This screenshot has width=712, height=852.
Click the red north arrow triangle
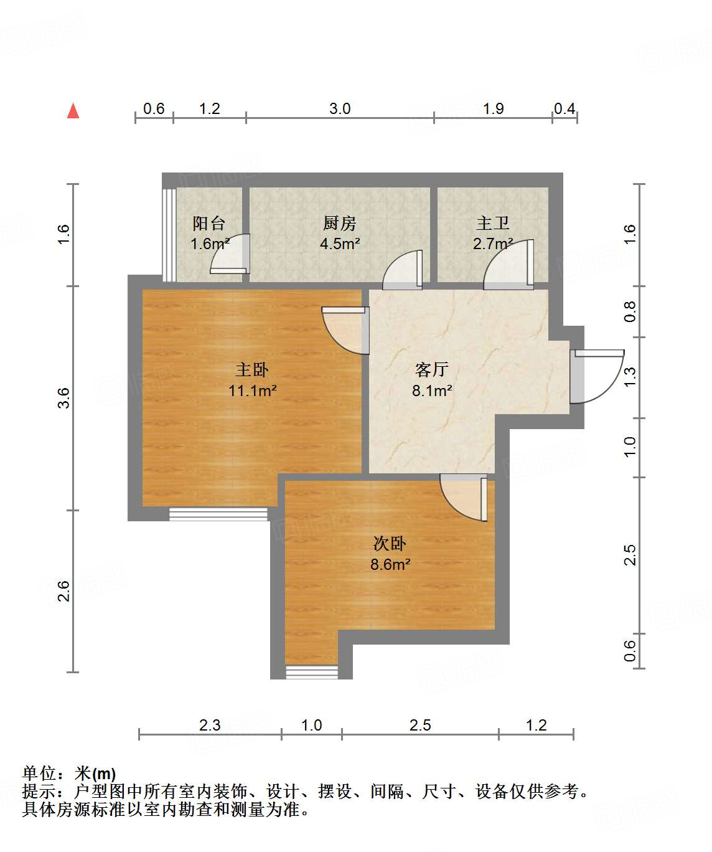click(x=73, y=111)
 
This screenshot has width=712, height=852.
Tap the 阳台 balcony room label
click(x=208, y=223)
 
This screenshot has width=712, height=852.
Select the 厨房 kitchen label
click(x=340, y=223)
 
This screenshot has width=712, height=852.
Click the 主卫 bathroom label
click(x=493, y=223)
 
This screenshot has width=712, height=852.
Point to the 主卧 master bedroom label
click(x=252, y=370)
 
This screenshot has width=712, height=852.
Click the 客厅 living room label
click(x=432, y=370)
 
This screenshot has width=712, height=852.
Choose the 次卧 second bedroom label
click(x=390, y=544)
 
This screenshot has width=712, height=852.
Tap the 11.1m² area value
click(x=252, y=391)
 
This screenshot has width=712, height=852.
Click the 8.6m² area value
click(x=390, y=565)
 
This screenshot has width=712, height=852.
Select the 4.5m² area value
click(x=340, y=244)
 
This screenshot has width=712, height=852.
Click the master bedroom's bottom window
click(x=218, y=514)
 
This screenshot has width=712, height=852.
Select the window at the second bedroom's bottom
click(x=312, y=672)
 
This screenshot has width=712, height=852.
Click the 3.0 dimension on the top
click(x=340, y=109)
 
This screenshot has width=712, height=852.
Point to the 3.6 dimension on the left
click(x=63, y=398)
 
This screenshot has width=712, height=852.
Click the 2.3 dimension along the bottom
click(x=210, y=725)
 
